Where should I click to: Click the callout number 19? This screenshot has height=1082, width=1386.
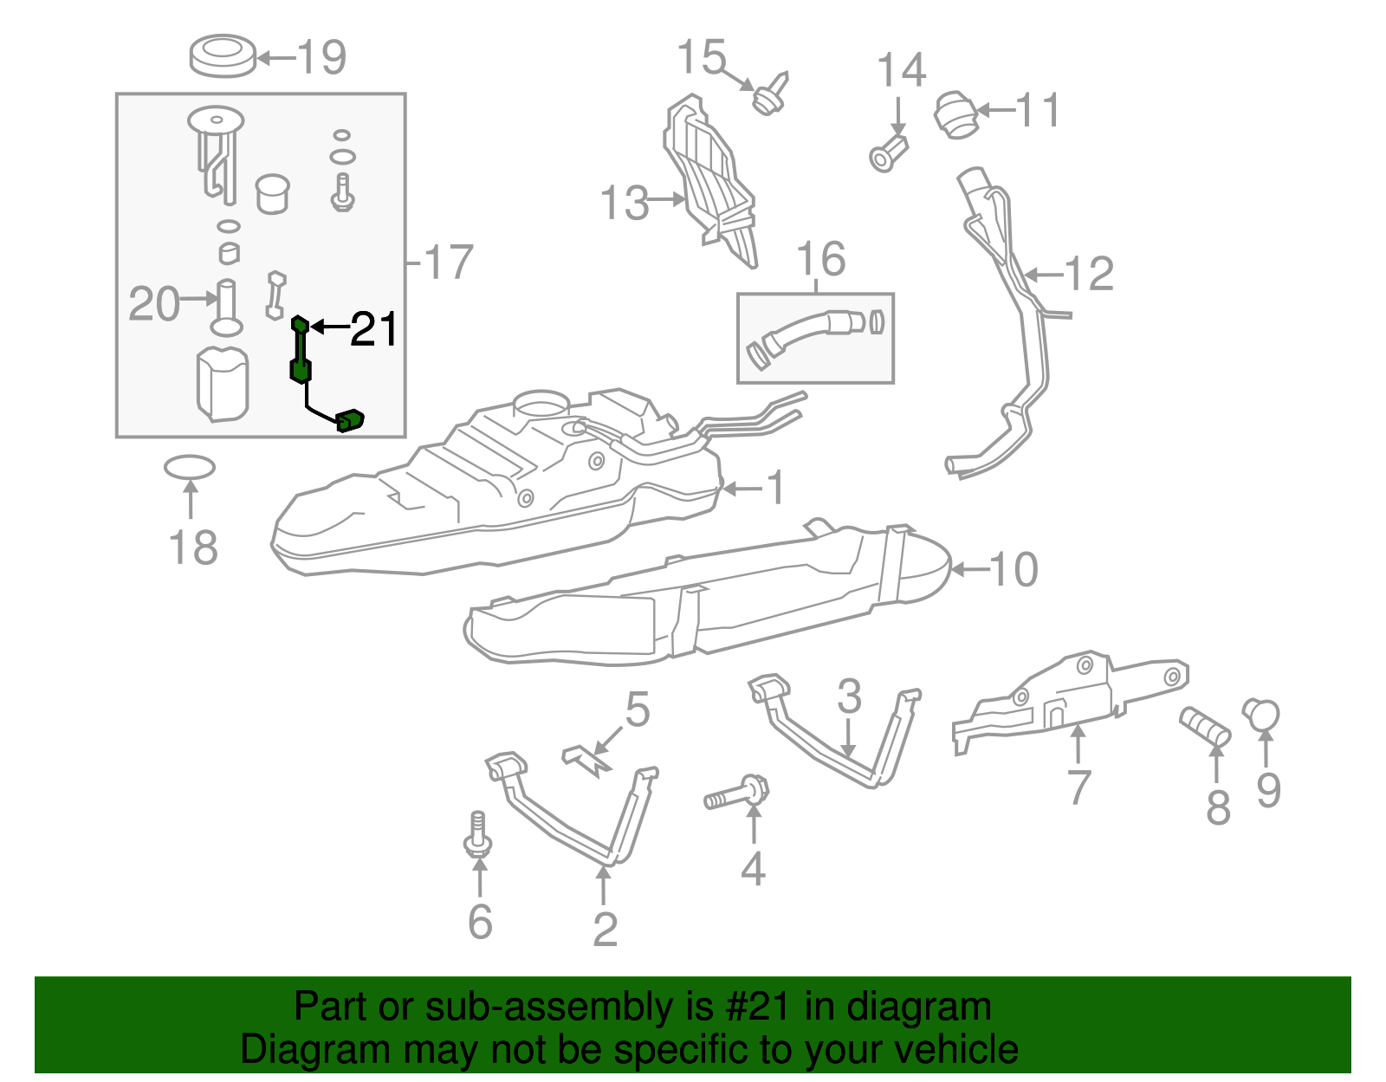point(321,57)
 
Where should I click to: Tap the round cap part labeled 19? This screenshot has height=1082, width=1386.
point(223,55)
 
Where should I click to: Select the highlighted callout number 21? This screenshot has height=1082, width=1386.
point(373,329)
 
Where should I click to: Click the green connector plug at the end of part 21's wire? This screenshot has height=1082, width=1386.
point(350,420)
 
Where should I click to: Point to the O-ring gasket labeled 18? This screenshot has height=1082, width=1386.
point(190,468)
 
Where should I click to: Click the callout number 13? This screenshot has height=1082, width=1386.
point(624,203)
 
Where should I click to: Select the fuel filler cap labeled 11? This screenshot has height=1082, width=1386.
point(955,114)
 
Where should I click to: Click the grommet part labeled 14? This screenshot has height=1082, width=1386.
point(888,154)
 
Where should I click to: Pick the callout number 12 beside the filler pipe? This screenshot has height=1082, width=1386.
point(1088,274)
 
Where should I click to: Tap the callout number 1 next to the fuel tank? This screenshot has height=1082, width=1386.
point(775,487)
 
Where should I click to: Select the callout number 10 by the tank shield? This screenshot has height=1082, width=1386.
point(1013,569)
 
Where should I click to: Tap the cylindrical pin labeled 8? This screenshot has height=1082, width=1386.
point(1205,726)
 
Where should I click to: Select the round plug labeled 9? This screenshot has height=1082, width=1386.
point(1262,714)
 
